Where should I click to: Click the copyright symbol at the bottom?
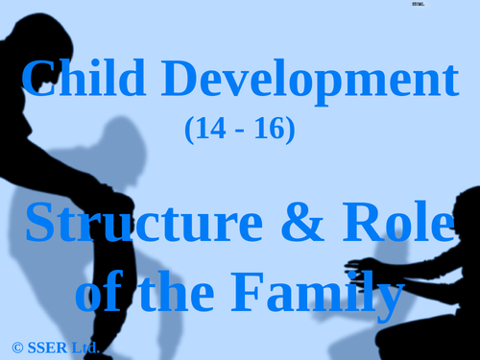click(17, 346)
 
